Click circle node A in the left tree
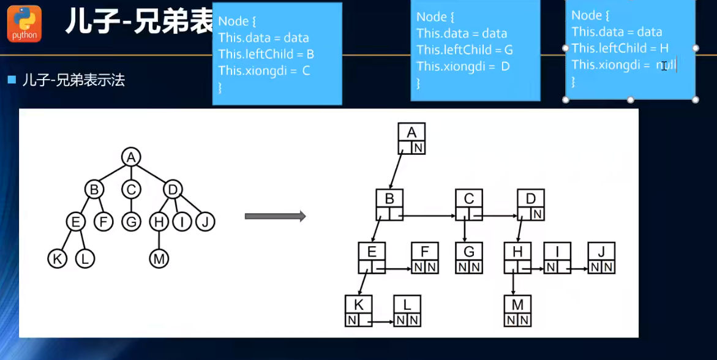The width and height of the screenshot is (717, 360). pos(130,157)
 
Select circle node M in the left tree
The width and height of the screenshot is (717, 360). pos(159,259)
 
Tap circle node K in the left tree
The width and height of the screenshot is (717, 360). pos(57,259)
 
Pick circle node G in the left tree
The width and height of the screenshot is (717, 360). pos(131,222)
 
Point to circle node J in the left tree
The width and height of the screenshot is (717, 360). pos(206,222)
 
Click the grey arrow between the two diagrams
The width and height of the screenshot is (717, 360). pos(275,216)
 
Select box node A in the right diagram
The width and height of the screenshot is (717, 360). pos(411,138)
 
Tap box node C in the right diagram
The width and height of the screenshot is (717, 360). pos(469,205)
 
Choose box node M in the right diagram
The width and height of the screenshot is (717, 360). pos(518,310)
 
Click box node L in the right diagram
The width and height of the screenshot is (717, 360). pos(407,310)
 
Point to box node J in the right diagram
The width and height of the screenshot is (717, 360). pos(601,258)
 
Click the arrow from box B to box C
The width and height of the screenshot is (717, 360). pos(429,216)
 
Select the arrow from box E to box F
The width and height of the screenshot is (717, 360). pos(396,268)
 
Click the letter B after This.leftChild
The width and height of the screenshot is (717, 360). pos(310,54)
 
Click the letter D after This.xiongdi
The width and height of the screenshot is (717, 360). pos(505,66)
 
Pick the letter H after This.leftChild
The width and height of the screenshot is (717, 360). pos(664,48)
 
